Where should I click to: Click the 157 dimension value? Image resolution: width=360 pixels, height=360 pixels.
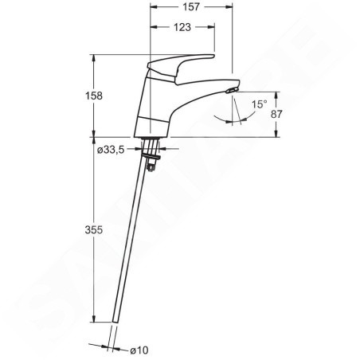pos(191,7)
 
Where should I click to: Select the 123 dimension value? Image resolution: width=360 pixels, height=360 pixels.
pos(182,27)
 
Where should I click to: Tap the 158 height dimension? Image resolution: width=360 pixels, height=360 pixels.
pos(94,96)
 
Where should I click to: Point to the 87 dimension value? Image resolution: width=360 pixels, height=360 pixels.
pos(276,114)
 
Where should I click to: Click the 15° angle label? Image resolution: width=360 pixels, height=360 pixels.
pos(260,104)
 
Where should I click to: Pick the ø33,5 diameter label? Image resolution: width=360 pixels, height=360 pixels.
pos(111,150)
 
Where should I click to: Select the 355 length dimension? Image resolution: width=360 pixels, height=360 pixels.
pos(94,229)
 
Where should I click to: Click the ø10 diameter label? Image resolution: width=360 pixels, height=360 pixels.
pos(139,350)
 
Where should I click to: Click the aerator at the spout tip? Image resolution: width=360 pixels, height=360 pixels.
pos(232,90)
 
